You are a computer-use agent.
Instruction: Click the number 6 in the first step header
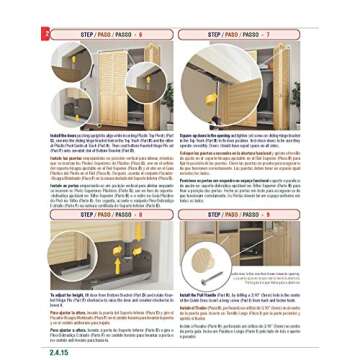(140, 33)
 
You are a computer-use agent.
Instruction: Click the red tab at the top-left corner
(45, 33)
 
